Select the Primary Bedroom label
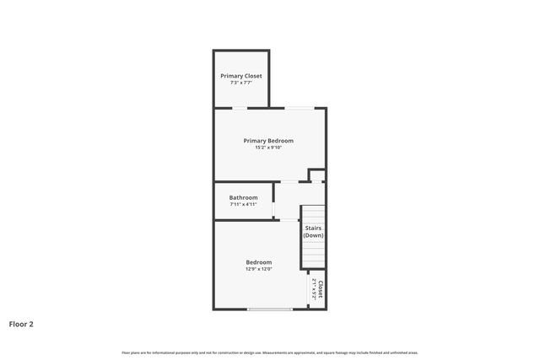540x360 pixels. pyautogui.click(x=268, y=141)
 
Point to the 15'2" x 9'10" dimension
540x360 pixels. pyautogui.click(x=268, y=148)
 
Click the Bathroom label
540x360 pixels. pyautogui.click(x=243, y=198)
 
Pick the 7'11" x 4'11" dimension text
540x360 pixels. pyautogui.click(x=243, y=205)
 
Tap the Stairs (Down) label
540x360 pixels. pyautogui.click(x=313, y=232)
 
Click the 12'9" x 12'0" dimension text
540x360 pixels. pyautogui.click(x=259, y=269)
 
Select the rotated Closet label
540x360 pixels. pyautogui.click(x=321, y=289)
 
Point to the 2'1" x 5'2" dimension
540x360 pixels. pyautogui.click(x=314, y=289)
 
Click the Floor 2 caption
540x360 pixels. pyautogui.click(x=21, y=323)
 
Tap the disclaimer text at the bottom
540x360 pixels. pyautogui.click(x=270, y=352)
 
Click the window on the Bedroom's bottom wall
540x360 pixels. pyautogui.click(x=270, y=309)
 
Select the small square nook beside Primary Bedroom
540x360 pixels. pyautogui.click(x=316, y=175)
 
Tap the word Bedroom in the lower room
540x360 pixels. pyautogui.click(x=259, y=262)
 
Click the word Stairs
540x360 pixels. pyautogui.click(x=313, y=228)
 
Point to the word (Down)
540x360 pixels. pyautogui.click(x=313, y=236)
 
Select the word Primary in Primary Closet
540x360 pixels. pyautogui.click(x=232, y=76)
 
